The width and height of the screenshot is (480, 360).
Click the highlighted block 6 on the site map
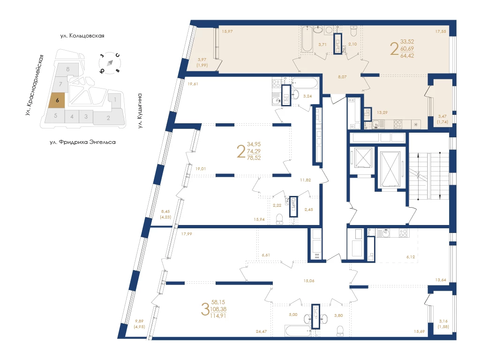click(x=57, y=100)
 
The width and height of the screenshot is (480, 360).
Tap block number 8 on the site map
click(x=68, y=69)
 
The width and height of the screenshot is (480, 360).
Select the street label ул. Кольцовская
click(x=82, y=36)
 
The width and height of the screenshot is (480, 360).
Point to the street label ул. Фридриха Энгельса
click(x=82, y=142)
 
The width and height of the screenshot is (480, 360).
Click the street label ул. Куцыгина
click(x=140, y=111)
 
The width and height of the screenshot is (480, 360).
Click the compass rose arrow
click(x=110, y=63)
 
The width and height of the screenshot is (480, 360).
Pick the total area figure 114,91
click(x=218, y=316)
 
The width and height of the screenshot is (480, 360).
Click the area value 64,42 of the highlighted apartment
click(x=407, y=56)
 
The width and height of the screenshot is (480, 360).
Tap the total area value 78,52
click(x=254, y=158)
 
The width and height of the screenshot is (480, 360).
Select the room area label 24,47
click(x=261, y=331)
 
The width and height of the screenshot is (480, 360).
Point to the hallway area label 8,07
click(x=342, y=77)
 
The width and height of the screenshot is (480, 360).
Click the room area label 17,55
click(x=441, y=31)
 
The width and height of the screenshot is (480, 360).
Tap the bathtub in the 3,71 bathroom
click(x=307, y=39)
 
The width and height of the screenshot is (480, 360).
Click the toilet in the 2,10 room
click(x=353, y=30)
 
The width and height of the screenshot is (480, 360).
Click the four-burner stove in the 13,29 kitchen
click(x=397, y=124)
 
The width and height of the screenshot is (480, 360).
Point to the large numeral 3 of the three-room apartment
click(x=205, y=309)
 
